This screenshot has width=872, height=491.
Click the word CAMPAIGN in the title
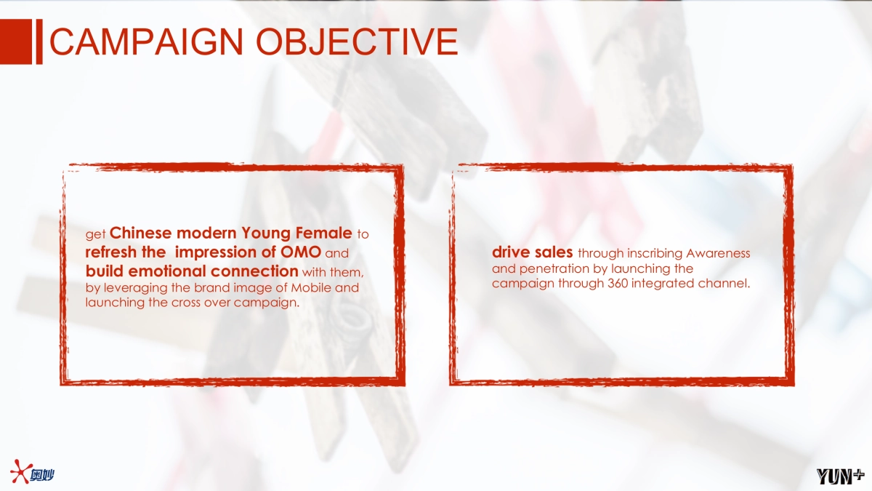[x=147, y=41]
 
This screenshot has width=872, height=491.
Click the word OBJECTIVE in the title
[x=357, y=41]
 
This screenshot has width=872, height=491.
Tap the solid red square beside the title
[x=16, y=41]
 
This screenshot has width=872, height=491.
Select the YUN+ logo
[x=840, y=476]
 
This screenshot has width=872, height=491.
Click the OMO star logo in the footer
[x=32, y=472]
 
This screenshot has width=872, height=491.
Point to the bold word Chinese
[x=140, y=233]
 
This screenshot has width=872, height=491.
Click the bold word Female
[x=324, y=233]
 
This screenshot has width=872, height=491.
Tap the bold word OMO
[x=301, y=252]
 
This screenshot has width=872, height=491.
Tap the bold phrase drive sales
[x=533, y=252]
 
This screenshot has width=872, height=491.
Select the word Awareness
[x=718, y=253]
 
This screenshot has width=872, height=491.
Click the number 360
[x=618, y=283]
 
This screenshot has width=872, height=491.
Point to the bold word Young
[x=266, y=233]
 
